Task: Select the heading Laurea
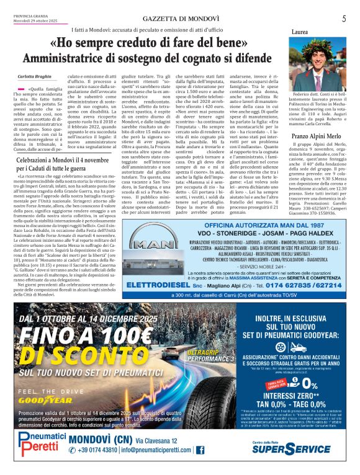(300, 32)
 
